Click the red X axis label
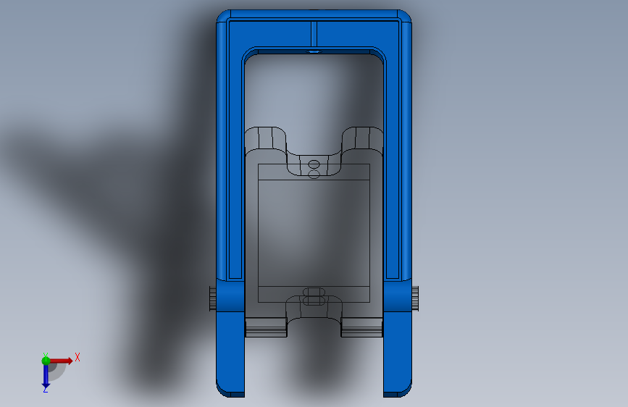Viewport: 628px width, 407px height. tap(78, 357)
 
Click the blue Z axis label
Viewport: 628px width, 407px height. tap(46, 390)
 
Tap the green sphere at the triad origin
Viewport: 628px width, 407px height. tap(46, 361)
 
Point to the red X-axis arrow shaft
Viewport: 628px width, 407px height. tap(60, 361)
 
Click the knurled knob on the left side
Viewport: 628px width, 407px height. tap(213, 298)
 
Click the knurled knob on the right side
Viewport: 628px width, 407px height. tap(415, 298)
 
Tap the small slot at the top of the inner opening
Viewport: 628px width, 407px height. tap(314, 51)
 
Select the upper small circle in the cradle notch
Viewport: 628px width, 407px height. tap(314, 164)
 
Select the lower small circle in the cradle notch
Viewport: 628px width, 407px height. tap(314, 174)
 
